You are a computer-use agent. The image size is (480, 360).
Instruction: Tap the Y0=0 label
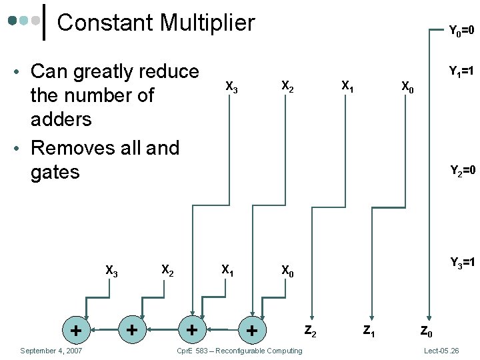[x=461, y=30]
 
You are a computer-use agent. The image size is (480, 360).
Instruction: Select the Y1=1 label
[x=461, y=71]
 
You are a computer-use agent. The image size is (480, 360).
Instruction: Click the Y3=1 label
[x=461, y=262]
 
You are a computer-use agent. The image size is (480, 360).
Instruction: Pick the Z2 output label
[x=311, y=329]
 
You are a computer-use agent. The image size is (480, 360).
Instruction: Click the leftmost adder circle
[x=77, y=329]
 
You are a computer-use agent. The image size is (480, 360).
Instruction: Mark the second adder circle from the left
[x=133, y=329]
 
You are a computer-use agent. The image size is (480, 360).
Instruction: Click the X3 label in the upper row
[x=232, y=87]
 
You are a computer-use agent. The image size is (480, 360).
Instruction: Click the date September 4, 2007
[x=51, y=351]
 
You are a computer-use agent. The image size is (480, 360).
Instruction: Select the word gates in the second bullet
[x=55, y=172]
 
